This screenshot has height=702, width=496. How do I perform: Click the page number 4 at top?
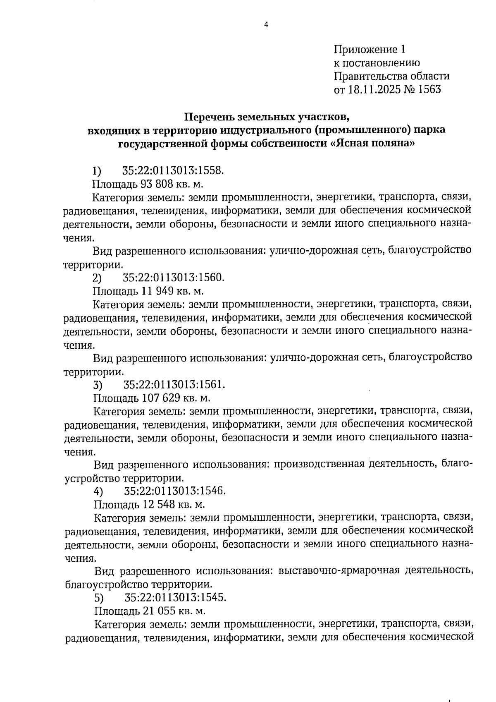coord(266,25)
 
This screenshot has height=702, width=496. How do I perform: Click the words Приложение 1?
coord(370,50)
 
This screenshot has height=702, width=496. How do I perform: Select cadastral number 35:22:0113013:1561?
coord(174,385)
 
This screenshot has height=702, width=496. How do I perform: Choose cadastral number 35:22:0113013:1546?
coord(174,491)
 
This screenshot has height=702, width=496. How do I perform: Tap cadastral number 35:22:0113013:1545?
coord(175,598)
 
